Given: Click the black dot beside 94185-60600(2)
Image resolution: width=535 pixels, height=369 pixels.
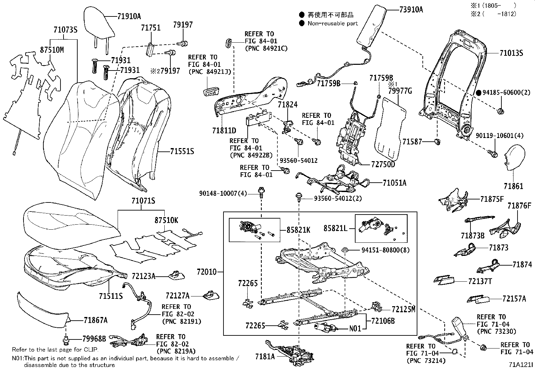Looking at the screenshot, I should click(x=479, y=93).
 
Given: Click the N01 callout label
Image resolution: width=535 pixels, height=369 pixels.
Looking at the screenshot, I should click(x=355, y=328).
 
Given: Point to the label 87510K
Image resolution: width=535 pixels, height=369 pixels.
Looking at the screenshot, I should click(x=166, y=221).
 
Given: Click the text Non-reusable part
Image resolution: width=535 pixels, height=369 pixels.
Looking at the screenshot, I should click(x=333, y=24).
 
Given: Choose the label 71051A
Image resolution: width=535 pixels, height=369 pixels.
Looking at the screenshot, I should click(x=394, y=183).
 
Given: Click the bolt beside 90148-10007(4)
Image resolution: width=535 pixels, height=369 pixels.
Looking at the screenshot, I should click(x=261, y=192).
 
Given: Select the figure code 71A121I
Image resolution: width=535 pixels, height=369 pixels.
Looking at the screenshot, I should click(x=520, y=364).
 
